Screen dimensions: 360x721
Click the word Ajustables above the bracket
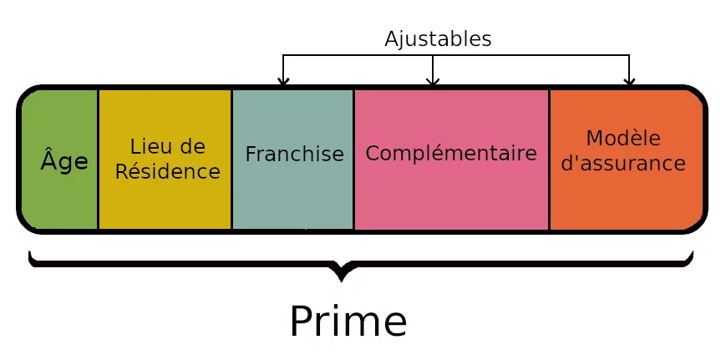click(x=438, y=38)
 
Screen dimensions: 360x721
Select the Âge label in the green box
click(x=63, y=161)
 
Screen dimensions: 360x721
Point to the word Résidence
click(x=167, y=171)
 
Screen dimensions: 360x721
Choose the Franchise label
click(x=294, y=155)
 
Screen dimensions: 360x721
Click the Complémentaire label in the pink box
click(x=451, y=154)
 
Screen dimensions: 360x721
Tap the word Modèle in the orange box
click(x=623, y=138)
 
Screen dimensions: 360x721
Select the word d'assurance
click(x=623, y=163)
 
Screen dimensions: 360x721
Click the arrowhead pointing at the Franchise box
click(x=283, y=81)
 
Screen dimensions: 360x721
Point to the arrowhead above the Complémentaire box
click(x=432, y=81)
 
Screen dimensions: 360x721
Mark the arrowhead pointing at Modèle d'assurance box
click(x=629, y=81)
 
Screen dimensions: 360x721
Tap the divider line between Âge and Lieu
click(x=98, y=159)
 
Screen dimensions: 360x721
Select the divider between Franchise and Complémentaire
click(x=353, y=159)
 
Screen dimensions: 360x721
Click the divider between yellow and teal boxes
click(x=231, y=159)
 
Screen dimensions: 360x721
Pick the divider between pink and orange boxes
click(x=549, y=159)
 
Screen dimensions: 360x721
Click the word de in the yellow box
click(x=193, y=146)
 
